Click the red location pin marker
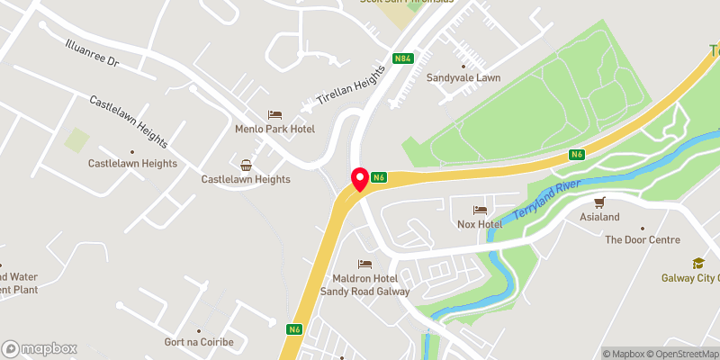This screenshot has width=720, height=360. [359, 179]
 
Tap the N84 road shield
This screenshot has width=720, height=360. [404, 60]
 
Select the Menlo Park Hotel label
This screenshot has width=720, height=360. [274, 130]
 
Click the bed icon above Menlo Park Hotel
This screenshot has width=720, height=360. [274, 115]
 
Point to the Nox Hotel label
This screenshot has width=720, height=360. [478, 223]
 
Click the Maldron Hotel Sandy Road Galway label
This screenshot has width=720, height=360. [365, 284]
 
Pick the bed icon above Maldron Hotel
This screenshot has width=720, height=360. [364, 264]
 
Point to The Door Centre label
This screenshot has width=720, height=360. [643, 239]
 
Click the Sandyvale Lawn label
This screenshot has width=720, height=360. [463, 78]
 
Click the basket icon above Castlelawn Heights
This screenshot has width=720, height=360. [246, 165]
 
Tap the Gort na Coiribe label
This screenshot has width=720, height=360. [199, 343]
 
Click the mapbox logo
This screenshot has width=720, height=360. [39, 348]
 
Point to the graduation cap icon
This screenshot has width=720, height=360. [698, 263]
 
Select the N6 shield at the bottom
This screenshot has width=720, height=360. [294, 329]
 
